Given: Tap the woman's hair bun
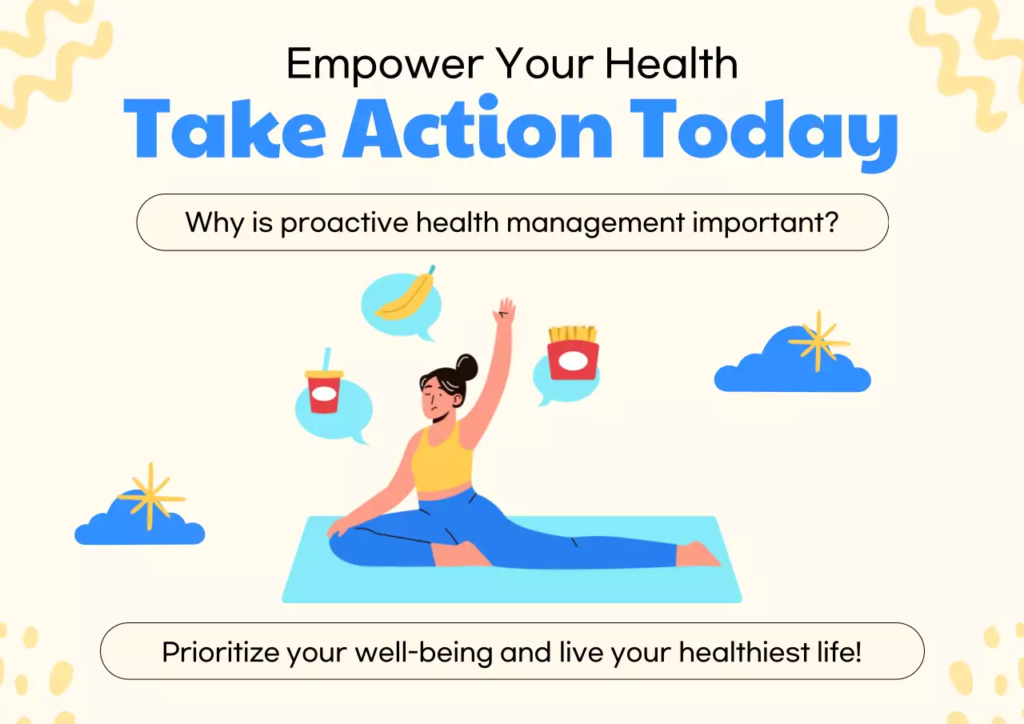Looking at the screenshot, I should [x=466, y=368].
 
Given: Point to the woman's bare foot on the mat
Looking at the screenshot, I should [x=699, y=554].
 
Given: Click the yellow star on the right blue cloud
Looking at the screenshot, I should [x=817, y=342].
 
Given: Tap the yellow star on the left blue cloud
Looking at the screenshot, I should [x=149, y=496].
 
